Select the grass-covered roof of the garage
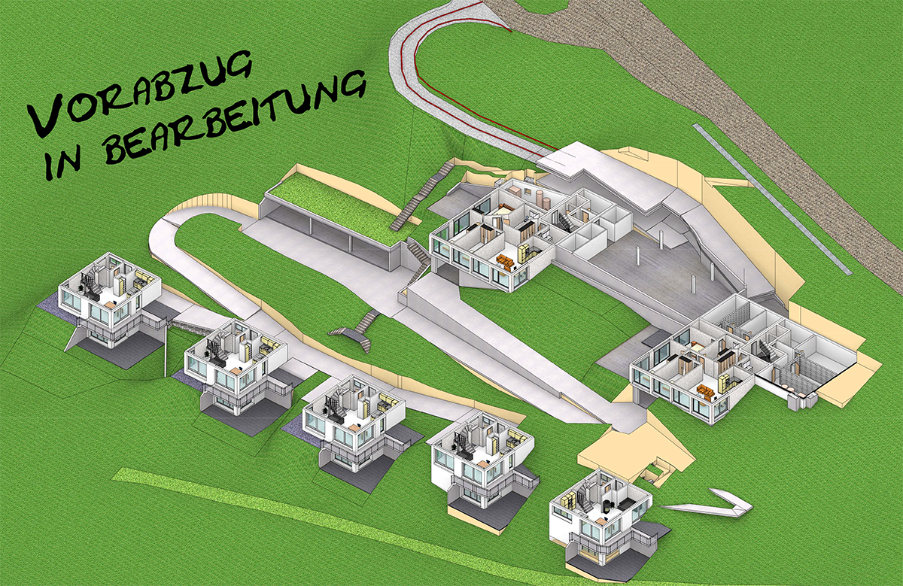[335, 207]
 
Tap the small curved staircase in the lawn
[355, 331]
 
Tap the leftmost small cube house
[109, 301]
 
